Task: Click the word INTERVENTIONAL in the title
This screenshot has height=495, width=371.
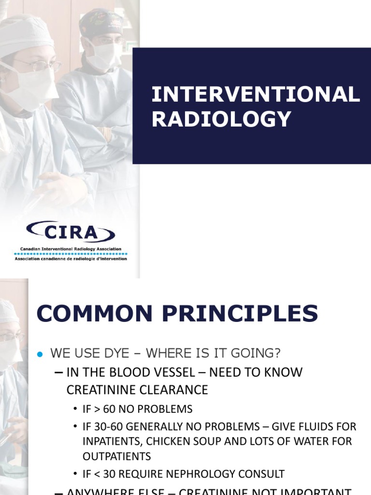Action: (256, 95)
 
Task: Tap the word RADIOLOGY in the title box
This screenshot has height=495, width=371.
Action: (222, 119)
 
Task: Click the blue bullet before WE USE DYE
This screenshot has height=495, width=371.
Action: (41, 354)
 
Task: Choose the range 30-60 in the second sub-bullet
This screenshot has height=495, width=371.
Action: (108, 427)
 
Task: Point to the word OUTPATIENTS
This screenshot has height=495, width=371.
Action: (117, 456)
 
